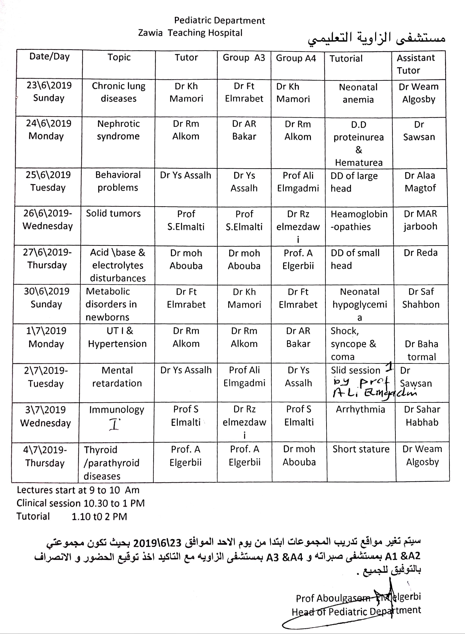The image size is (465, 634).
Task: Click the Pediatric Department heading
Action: pos(219,21)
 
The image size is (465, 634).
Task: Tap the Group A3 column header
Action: pos(244,58)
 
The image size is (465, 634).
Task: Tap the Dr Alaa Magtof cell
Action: pos(420,182)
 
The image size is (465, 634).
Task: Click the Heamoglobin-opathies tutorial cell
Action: pos(359,220)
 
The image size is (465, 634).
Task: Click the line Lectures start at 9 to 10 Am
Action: pos(78,490)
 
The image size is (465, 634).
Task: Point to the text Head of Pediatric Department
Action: pos(356,611)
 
